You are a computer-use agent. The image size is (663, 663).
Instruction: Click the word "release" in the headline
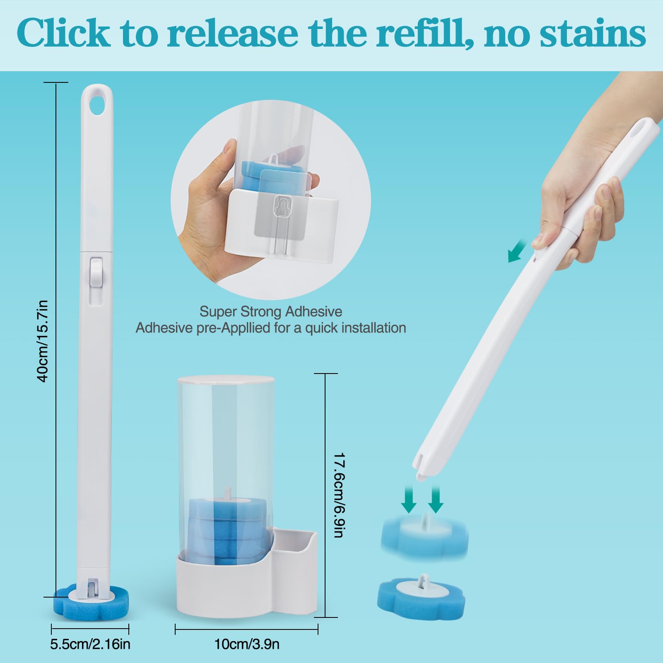point(233,33)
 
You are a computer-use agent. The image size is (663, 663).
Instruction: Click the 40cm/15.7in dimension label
point(43,341)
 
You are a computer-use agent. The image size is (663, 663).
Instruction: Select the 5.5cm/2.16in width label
point(90,644)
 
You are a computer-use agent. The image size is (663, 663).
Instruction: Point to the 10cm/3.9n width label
point(247,644)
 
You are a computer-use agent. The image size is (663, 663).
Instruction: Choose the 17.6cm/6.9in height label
point(339,495)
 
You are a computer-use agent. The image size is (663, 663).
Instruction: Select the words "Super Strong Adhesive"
point(271,311)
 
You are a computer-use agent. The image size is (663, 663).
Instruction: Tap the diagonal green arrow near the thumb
point(517,251)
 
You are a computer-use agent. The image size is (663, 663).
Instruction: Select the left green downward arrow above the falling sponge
point(409,499)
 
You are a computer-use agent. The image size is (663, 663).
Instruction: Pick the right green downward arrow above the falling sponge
point(435,499)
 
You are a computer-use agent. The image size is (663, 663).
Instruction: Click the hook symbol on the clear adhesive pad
point(280,205)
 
